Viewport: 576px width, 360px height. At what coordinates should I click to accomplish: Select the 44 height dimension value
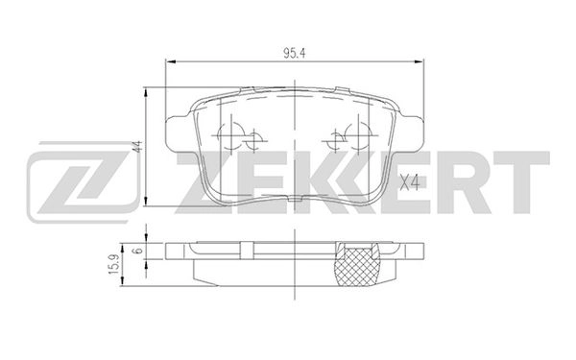[x=137, y=147]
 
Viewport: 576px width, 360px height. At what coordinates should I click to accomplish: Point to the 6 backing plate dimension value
[x=137, y=250]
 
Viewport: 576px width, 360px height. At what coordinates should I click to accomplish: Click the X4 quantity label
[x=409, y=180]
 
